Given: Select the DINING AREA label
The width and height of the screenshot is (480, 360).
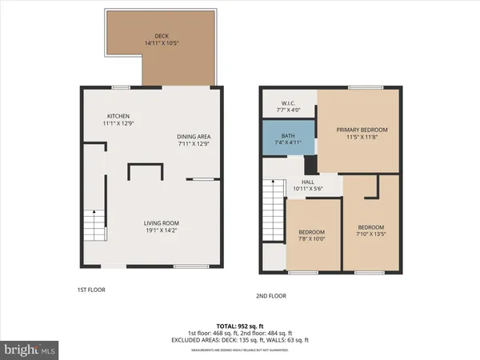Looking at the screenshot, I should click(194, 137).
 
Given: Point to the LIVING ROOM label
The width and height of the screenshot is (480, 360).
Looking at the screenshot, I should click(161, 223).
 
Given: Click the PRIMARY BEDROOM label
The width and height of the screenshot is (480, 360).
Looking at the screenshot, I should click(362, 130).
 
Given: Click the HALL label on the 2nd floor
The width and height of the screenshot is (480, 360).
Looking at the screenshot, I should click(307, 182).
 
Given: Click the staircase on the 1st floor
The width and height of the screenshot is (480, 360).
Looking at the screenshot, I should click(94, 224).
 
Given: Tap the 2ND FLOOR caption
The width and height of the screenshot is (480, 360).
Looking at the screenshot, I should click(271, 296).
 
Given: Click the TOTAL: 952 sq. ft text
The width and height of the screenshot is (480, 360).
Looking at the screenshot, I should click(240, 325).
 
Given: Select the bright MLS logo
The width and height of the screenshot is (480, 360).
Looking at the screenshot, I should click(30, 350).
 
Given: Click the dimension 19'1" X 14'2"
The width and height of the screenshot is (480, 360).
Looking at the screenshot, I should click(161, 230).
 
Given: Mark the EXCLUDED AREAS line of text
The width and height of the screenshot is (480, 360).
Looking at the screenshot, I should click(240, 339).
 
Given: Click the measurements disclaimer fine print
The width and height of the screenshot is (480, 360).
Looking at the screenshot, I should click(240, 347).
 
